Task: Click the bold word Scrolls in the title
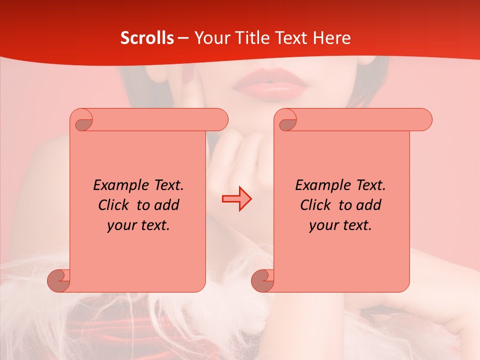coord(147,38)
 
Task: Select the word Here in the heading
coord(331,38)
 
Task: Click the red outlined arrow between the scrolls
coord(236,199)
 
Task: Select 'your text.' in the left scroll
coord(138,225)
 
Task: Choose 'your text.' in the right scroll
coord(340,225)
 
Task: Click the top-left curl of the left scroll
coord(83,120)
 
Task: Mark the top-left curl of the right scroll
coord(287,120)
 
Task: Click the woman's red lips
coord(270,84)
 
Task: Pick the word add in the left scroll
coord(166,205)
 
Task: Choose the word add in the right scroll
coord(368,205)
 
